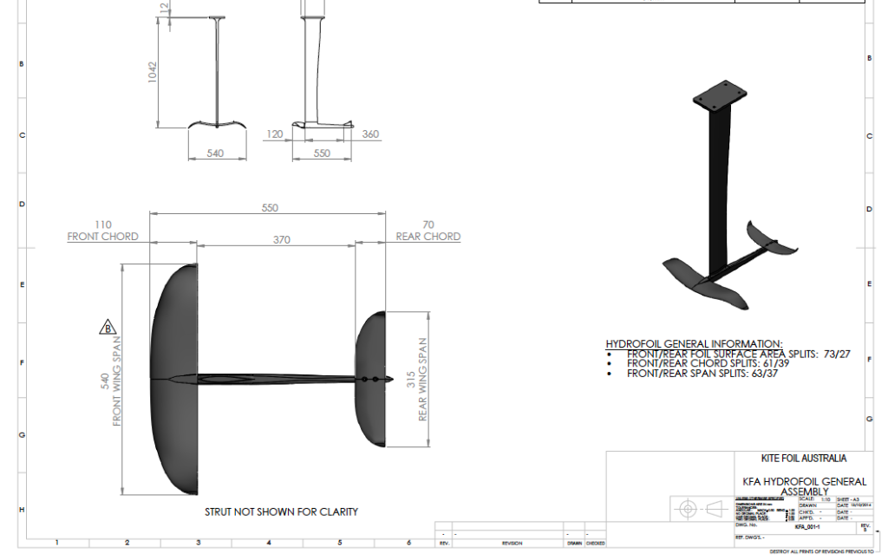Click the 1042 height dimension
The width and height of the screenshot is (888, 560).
click(x=152, y=70)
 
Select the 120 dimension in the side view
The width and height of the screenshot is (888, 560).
click(x=276, y=134)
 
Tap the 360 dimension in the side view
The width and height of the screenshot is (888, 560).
click(x=370, y=134)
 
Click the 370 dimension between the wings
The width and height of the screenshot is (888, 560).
click(x=281, y=239)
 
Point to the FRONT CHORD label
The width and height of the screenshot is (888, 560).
click(x=103, y=237)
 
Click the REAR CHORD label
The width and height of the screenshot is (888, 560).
click(x=428, y=237)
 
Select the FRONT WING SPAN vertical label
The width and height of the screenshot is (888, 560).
click(x=117, y=381)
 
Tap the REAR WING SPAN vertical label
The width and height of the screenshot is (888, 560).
click(x=423, y=380)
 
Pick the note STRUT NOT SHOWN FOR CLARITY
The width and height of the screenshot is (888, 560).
click(x=281, y=511)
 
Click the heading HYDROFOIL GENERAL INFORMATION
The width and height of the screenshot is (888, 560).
click(x=694, y=344)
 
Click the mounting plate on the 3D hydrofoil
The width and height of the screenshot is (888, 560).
click(x=719, y=96)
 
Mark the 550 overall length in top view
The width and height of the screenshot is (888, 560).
click(x=270, y=208)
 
